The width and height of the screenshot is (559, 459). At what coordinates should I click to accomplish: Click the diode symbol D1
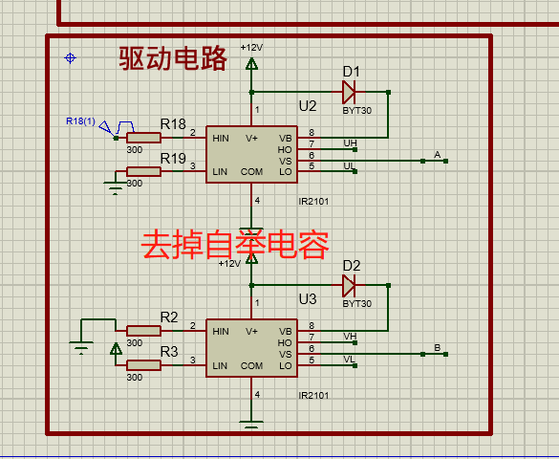click(349, 92)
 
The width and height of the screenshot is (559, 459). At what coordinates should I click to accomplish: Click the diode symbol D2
click(349, 285)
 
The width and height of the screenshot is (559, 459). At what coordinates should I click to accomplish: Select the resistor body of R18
click(143, 138)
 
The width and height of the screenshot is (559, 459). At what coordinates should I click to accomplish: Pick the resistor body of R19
click(143, 171)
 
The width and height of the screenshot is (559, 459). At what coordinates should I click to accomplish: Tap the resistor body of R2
click(143, 331)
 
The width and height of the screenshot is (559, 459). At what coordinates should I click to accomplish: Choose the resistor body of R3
click(143, 365)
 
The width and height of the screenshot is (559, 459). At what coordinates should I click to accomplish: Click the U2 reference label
click(308, 106)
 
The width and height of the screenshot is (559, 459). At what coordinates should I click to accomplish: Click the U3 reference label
click(308, 299)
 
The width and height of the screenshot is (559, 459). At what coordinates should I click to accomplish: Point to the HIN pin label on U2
click(221, 138)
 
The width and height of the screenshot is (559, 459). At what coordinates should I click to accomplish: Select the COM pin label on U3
click(251, 366)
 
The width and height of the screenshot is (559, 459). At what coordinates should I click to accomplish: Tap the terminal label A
click(438, 154)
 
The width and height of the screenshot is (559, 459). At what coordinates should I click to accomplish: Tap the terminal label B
click(438, 347)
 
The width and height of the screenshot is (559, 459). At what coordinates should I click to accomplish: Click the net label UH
click(350, 143)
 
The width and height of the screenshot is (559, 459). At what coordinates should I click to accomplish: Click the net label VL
click(350, 359)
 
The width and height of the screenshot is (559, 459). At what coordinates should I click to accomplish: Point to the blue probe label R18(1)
click(80, 121)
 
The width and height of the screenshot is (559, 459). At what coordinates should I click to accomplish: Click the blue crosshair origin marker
click(70, 58)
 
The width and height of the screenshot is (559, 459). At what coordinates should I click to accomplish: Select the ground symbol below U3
click(251, 424)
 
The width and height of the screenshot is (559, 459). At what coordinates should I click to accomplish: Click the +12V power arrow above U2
click(251, 63)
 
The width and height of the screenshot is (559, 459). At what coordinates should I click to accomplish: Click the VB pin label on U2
click(286, 138)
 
